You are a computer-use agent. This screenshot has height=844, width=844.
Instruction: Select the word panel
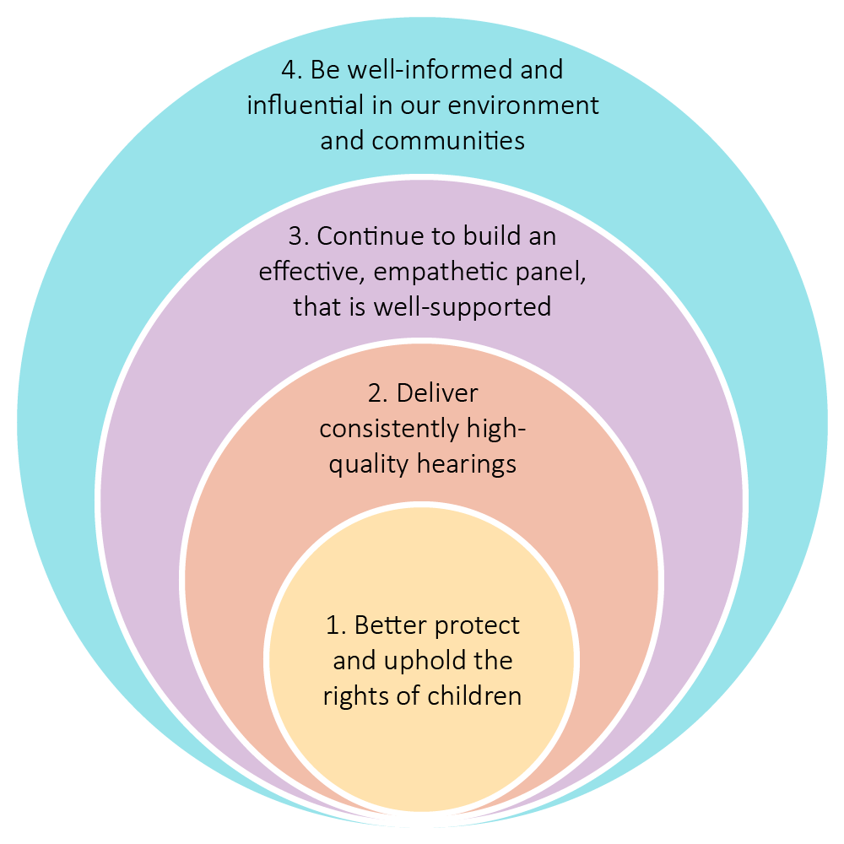[544, 271]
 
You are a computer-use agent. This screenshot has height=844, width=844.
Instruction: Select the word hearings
[465, 464]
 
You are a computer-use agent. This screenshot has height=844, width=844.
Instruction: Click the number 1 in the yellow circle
[333, 625]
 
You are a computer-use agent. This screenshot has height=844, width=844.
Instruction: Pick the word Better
[390, 625]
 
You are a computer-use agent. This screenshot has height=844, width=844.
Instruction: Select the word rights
[350, 696]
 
